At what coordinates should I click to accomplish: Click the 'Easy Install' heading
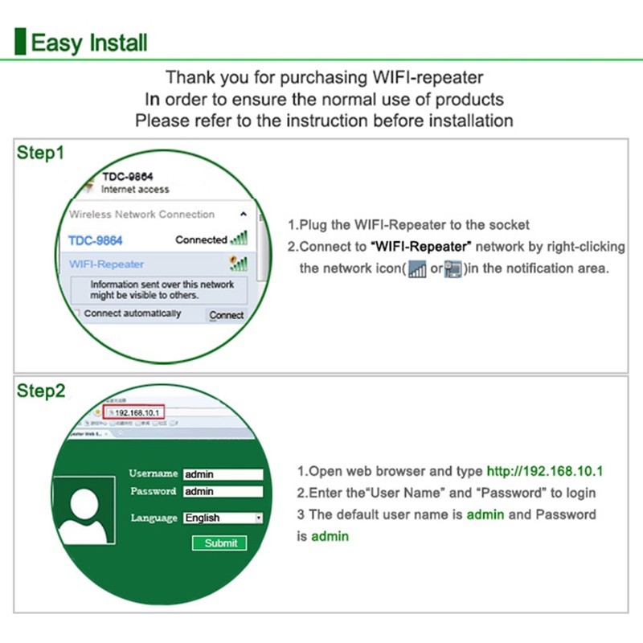click(88, 41)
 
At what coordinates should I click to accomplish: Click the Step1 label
click(40, 153)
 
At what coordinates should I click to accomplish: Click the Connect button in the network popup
click(226, 315)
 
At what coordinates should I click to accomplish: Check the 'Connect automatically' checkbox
click(77, 313)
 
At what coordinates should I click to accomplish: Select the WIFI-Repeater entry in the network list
click(107, 264)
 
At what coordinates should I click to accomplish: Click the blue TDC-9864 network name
click(96, 240)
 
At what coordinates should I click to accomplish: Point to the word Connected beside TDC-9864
click(201, 240)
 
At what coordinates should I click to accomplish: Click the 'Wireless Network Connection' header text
click(141, 215)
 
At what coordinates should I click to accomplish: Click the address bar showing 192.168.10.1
click(137, 412)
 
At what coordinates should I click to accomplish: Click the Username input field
click(223, 474)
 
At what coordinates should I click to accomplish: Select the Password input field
click(223, 491)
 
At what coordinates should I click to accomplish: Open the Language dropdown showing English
click(223, 518)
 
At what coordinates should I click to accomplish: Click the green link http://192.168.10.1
click(544, 472)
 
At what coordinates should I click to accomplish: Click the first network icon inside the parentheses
click(417, 269)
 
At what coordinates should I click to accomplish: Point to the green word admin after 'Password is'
click(330, 536)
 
